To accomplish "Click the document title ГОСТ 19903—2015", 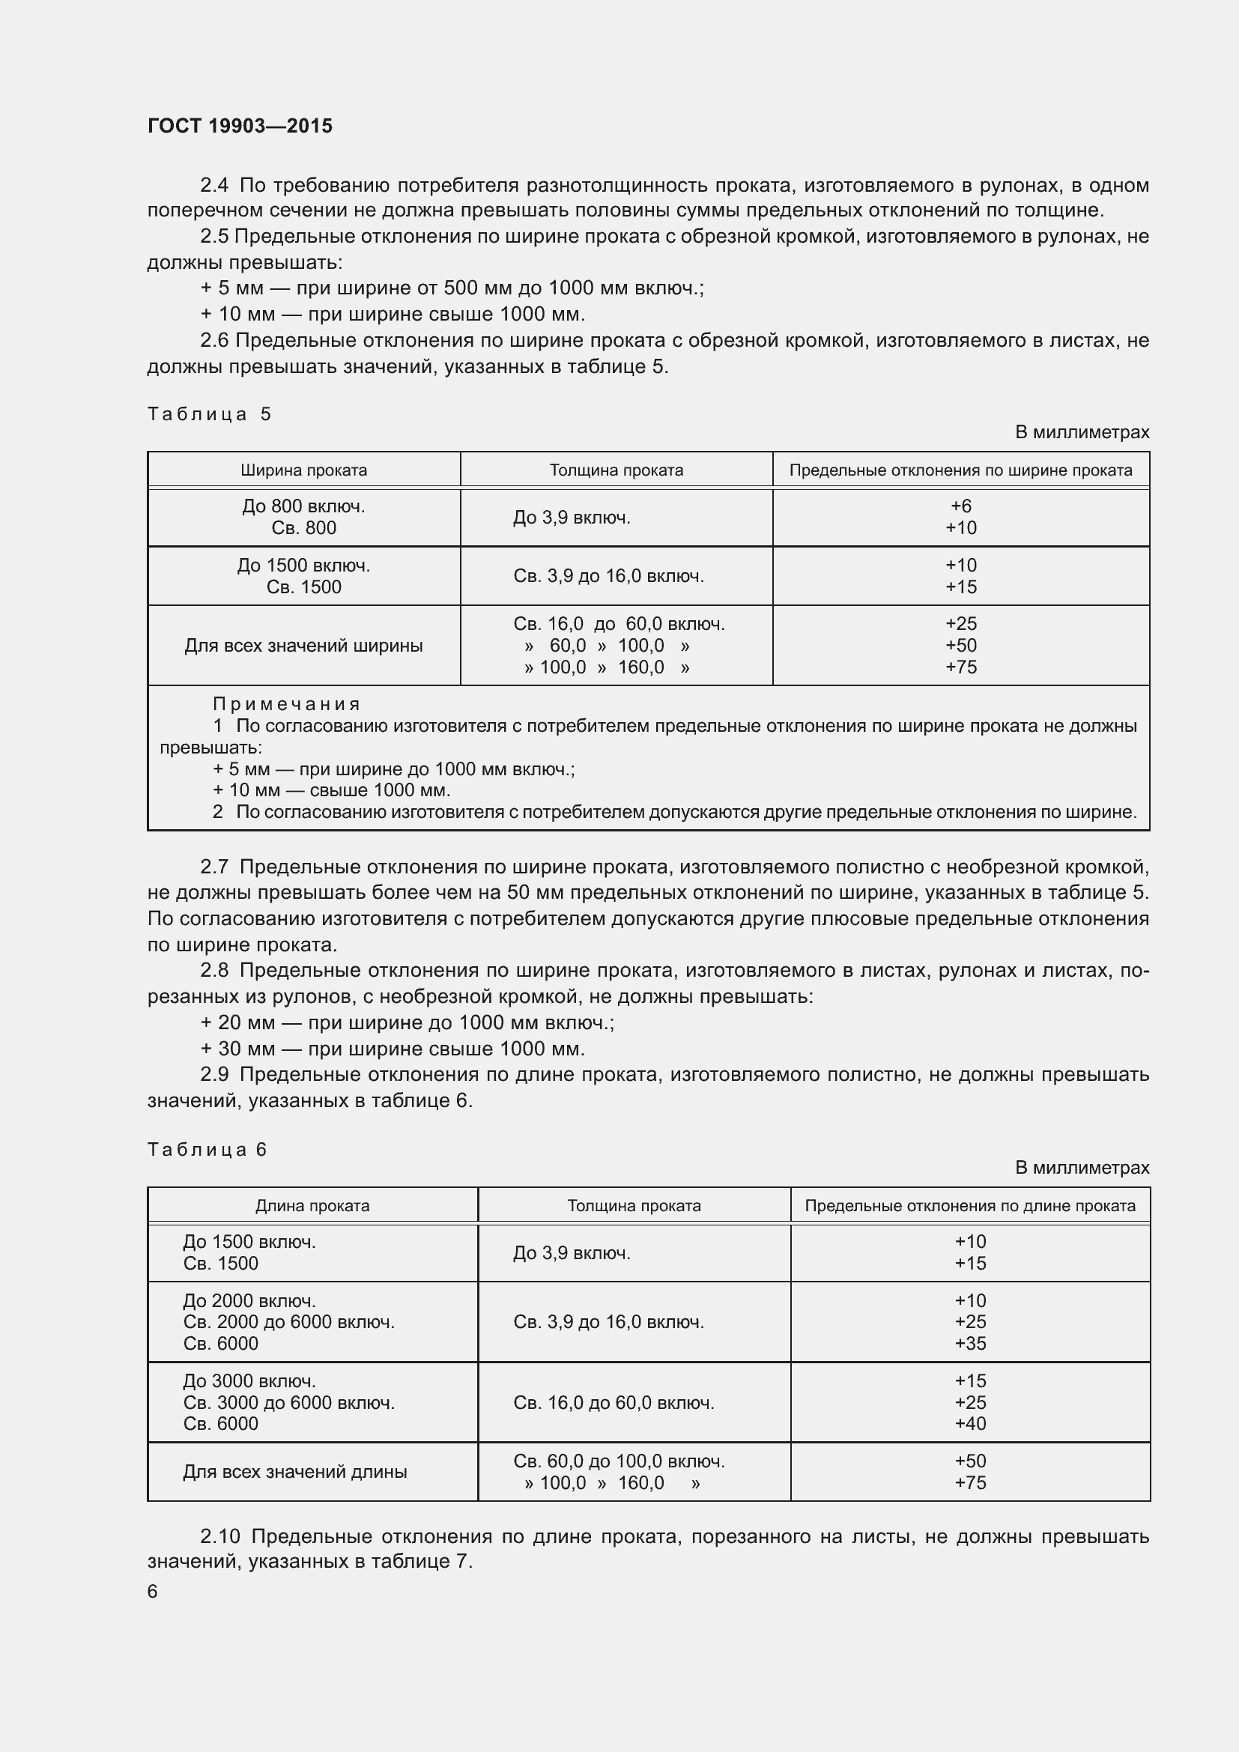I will pyautogui.click(x=240, y=126).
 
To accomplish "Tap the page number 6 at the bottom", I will pyautogui.click(x=153, y=1591).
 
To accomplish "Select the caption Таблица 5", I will pyautogui.click(x=209, y=413).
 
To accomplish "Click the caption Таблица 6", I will pyautogui.click(x=207, y=1149).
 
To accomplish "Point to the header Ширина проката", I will pyautogui.click(x=303, y=470).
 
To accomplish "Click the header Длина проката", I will pyautogui.click(x=312, y=1206).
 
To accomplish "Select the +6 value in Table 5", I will pyautogui.click(x=960, y=506).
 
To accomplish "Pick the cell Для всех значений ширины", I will pyautogui.click(x=303, y=646).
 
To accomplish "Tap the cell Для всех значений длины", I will pyautogui.click(x=294, y=1472).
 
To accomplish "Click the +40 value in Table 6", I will pyautogui.click(x=969, y=1423).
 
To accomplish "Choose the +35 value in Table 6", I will pyautogui.click(x=969, y=1343).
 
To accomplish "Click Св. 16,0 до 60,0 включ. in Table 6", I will pyautogui.click(x=614, y=1402).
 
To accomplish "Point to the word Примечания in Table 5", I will pyautogui.click(x=286, y=703).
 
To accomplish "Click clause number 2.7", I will pyautogui.click(x=214, y=866).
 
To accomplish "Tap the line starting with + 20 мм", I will pyautogui.click(x=407, y=1022).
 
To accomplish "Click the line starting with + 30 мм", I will pyautogui.click(x=392, y=1049).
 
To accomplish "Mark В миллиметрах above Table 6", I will pyautogui.click(x=1081, y=1168).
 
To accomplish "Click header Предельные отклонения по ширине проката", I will pyautogui.click(x=960, y=470).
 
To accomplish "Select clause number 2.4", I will pyautogui.click(x=214, y=185).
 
